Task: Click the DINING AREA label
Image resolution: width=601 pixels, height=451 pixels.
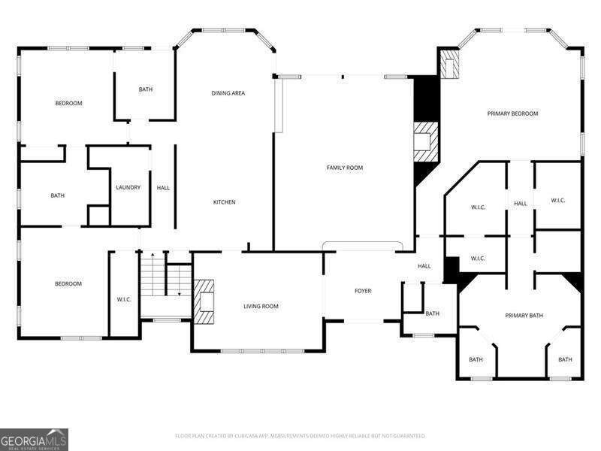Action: click(228, 93)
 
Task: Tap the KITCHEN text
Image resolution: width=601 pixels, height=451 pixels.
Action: click(224, 202)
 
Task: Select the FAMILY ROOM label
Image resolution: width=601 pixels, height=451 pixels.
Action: click(344, 168)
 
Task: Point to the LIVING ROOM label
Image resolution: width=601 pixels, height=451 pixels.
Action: click(261, 306)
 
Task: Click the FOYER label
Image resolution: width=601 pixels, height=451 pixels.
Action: click(363, 291)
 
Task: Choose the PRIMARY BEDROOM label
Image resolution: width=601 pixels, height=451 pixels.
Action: click(512, 114)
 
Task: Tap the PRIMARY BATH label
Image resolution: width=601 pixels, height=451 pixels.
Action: click(524, 316)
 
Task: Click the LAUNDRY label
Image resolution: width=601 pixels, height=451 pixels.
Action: click(128, 187)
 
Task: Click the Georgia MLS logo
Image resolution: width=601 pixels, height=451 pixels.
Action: click(34, 439)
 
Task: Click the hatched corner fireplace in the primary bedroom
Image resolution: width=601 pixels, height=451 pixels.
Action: click(449, 65)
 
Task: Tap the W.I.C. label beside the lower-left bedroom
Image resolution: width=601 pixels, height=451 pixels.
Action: click(124, 300)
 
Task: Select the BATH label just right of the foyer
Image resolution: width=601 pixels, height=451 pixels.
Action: click(432, 313)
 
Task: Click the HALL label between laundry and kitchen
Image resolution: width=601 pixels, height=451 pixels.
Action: click(163, 187)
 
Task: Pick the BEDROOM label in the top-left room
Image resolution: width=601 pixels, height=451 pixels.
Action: click(68, 103)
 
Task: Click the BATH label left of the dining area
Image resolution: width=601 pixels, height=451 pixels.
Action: click(145, 89)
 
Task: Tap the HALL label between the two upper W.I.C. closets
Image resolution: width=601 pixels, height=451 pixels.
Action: click(520, 204)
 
